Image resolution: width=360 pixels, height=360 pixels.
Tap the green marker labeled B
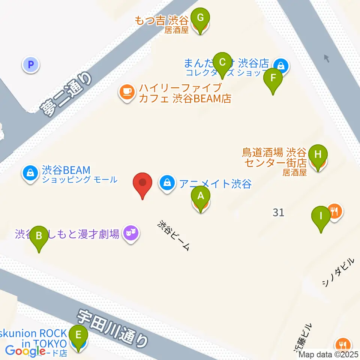[39, 237]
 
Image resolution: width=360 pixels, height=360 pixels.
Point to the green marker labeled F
[273, 79]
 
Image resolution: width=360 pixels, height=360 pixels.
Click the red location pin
[143, 183]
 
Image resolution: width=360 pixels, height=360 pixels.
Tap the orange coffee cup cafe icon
[127, 92]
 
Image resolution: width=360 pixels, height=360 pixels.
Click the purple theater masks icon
[131, 234]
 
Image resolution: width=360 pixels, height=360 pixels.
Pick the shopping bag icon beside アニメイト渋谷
[166, 184]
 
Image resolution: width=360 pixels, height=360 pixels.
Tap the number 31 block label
[279, 213]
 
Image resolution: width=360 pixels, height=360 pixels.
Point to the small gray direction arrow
[327, 58]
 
